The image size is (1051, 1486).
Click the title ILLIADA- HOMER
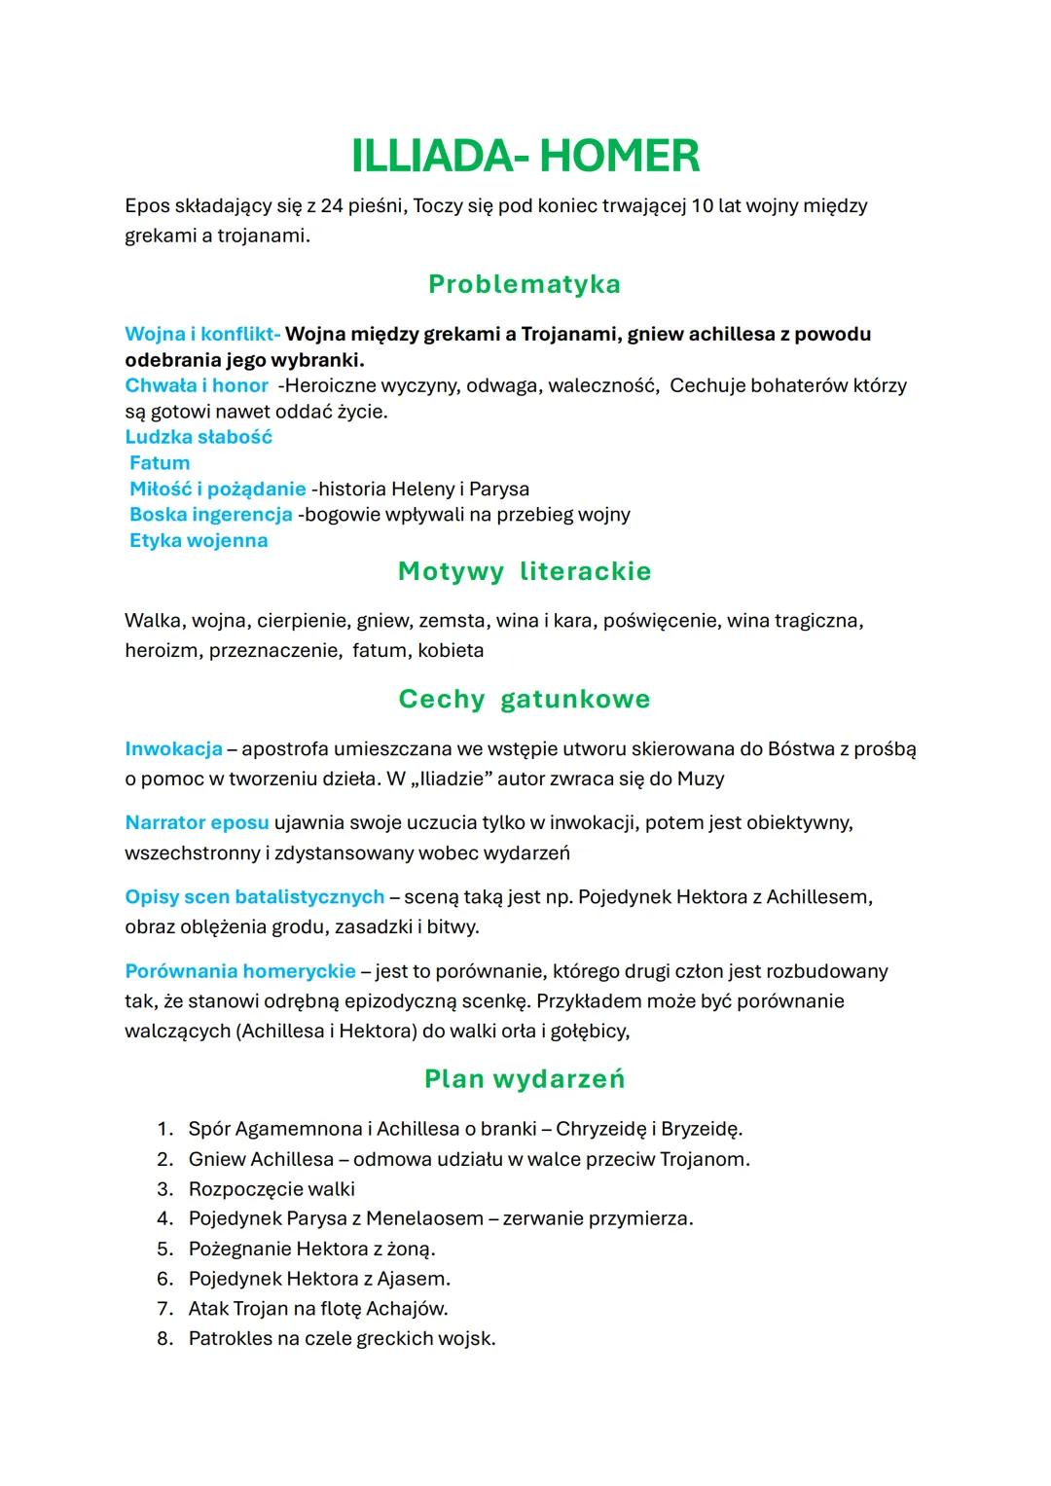pos(525,157)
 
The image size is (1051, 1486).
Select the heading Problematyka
pos(525,284)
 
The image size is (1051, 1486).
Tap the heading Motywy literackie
pos(525,571)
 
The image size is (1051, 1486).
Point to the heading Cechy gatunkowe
pos(525,699)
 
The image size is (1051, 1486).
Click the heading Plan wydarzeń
pos(525,1079)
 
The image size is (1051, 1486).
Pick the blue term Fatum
pos(160,463)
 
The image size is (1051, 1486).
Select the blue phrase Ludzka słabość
pos(199,437)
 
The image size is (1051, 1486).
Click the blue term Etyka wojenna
pos(199,540)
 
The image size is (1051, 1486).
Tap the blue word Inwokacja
pos(173,749)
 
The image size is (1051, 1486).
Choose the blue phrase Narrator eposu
pos(197,823)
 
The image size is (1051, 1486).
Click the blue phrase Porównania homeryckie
pos(240,971)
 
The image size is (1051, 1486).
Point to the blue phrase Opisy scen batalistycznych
pos(255,897)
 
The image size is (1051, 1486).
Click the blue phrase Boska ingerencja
pos(211,515)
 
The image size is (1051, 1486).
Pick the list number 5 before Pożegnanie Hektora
pos(164,1249)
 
